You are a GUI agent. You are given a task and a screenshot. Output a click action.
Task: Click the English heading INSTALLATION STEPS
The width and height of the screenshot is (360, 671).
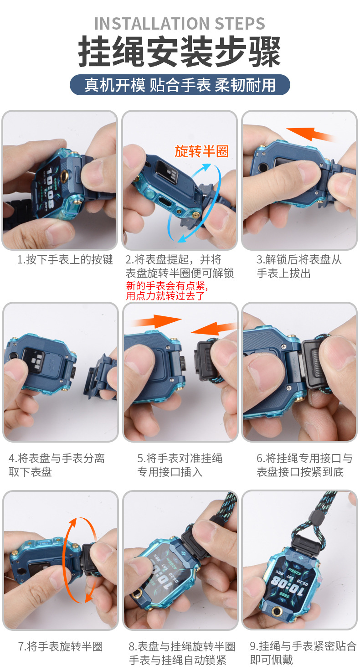(x=180, y=23)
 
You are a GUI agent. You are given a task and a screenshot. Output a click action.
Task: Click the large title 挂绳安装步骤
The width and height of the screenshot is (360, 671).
(x=180, y=52)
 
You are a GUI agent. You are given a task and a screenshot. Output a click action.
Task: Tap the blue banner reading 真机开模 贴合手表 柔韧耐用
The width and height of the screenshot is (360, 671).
(x=180, y=85)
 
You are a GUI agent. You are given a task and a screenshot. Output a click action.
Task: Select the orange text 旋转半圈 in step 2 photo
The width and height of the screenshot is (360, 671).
(x=201, y=151)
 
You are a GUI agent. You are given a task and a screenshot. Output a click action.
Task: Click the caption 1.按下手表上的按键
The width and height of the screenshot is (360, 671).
(x=65, y=260)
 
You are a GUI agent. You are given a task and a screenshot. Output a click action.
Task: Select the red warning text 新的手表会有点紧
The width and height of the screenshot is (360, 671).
(x=167, y=287)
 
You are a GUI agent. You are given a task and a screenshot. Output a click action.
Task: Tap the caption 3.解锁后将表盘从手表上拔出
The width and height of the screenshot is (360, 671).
(x=299, y=267)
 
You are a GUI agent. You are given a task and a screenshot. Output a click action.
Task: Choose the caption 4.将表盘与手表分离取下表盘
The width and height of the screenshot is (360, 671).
(x=57, y=465)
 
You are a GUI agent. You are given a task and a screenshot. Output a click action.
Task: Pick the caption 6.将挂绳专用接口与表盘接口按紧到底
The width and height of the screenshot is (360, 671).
(x=304, y=465)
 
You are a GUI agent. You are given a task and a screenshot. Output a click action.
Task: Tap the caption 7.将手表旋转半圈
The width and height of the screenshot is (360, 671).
(x=60, y=646)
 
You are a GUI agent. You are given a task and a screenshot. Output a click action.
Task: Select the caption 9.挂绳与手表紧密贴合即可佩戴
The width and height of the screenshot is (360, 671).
(x=303, y=652)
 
